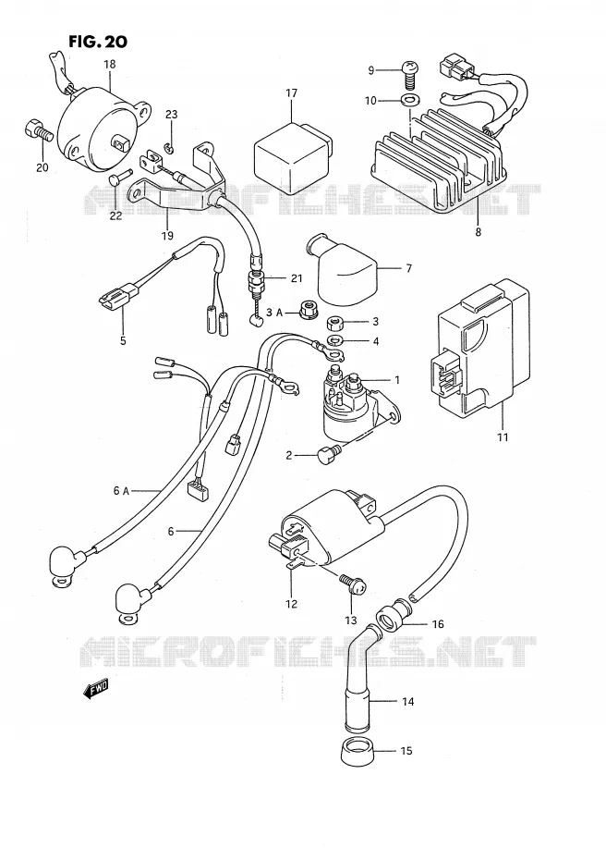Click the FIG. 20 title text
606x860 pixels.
pos(98,41)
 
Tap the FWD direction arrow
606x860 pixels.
pos(95,688)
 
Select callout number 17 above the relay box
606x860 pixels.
pos(291,93)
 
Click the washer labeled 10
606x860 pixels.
pos(407,101)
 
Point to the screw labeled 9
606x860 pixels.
pos(408,75)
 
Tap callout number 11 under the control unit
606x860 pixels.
pos(503,437)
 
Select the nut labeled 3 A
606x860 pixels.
pos(307,312)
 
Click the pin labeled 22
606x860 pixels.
pos(119,178)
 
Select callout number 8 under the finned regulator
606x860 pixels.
pos(478,231)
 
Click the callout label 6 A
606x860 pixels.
pos(120,491)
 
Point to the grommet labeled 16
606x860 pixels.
pos(392,618)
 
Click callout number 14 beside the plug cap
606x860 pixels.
pos(407,701)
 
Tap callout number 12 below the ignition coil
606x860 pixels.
pos(291,604)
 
